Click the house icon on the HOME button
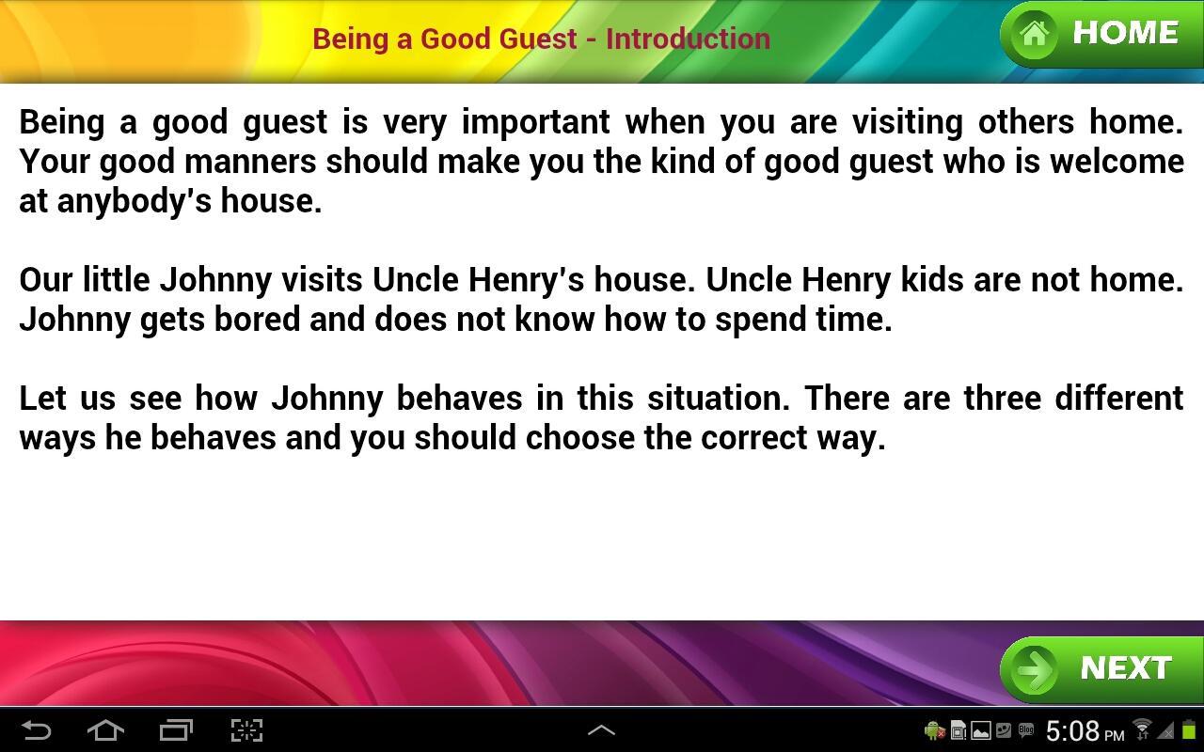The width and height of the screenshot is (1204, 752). click(1034, 35)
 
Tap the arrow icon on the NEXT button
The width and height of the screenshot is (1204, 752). click(1036, 669)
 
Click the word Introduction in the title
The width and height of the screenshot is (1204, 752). click(688, 39)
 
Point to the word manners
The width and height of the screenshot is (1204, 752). click(250, 162)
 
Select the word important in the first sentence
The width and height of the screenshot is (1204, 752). click(535, 122)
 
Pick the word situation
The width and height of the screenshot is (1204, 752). click(718, 399)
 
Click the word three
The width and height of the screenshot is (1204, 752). click(1002, 399)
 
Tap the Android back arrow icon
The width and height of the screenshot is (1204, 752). click(36, 730)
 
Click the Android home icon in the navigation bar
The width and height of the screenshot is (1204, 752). click(105, 730)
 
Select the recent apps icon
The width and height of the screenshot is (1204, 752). click(176, 730)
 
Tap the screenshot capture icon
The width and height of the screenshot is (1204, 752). click(246, 730)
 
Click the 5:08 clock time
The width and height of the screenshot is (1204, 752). click(1072, 731)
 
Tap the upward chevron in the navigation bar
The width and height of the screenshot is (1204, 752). click(601, 729)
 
